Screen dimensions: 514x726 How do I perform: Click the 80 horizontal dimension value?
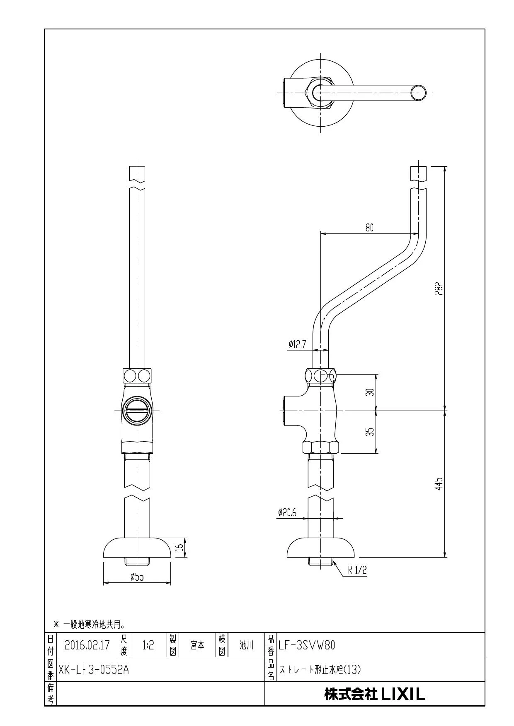point(369,227)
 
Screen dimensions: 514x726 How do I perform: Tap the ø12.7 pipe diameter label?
point(297,344)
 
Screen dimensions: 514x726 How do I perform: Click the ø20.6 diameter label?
point(287,512)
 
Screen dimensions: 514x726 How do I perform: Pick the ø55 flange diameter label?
point(137,577)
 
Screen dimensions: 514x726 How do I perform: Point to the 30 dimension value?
point(371,392)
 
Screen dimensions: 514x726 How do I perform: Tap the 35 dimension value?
point(371,431)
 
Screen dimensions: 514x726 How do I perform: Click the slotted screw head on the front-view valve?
point(137,411)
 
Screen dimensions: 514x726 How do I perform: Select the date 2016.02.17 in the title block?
point(87,645)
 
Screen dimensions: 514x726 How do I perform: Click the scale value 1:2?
point(148,645)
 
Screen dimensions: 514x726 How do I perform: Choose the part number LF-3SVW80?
point(307,645)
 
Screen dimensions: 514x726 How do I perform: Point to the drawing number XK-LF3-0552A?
point(94,669)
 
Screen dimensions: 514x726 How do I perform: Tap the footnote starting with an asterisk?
point(90,624)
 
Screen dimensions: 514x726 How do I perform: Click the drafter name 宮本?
point(197,645)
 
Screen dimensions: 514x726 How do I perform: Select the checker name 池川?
point(246,645)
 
